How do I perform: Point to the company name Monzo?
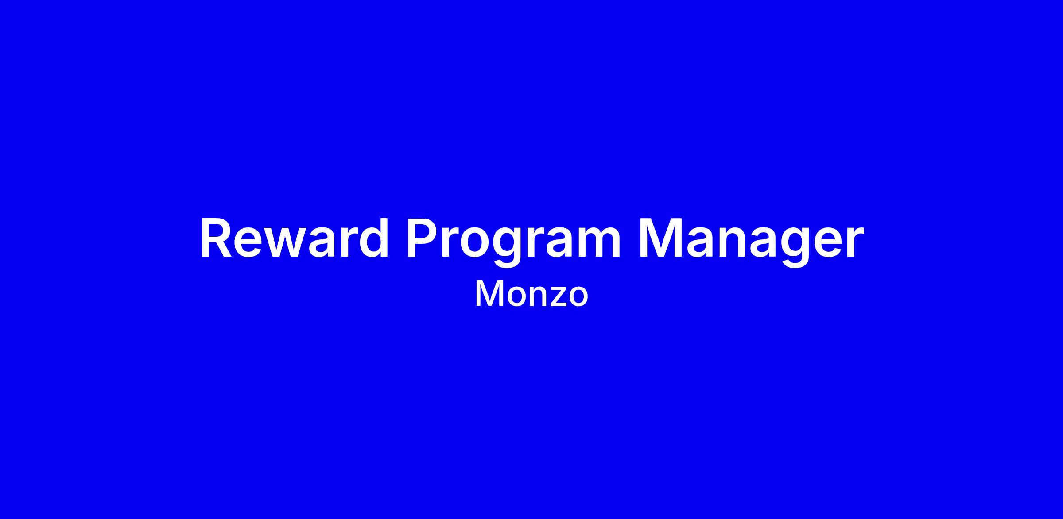(531, 294)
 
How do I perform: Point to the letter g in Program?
(512, 248)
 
